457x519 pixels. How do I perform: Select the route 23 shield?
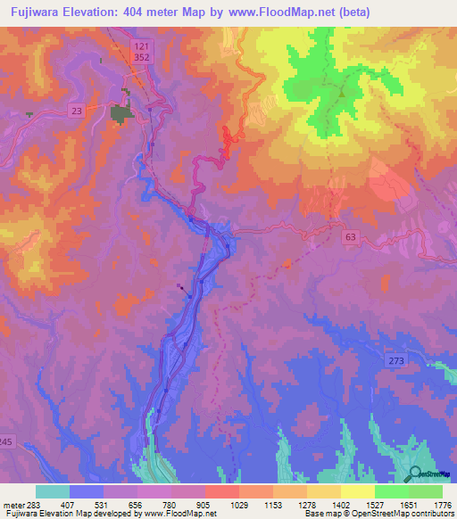(77, 111)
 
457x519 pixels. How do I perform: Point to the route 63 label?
(351, 237)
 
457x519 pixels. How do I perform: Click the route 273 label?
(397, 359)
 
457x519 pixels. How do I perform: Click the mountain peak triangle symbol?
(340, 89)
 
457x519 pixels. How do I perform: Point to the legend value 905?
(204, 505)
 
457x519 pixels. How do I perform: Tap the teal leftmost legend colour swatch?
(53, 491)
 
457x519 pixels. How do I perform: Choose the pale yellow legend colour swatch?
(358, 491)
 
